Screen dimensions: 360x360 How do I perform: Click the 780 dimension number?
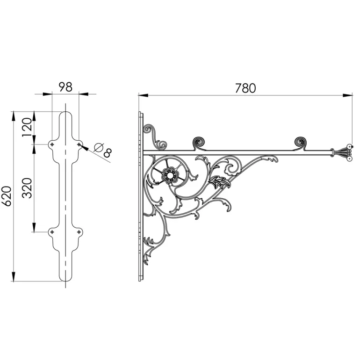[x=245, y=88]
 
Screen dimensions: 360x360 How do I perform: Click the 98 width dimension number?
[x=65, y=87]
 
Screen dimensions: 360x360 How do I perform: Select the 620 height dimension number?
[x=6, y=196]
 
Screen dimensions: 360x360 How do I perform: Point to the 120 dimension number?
[x=27, y=127]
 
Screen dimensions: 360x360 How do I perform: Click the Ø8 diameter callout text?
[x=103, y=150]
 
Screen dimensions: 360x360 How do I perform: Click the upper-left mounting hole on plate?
[x=52, y=144]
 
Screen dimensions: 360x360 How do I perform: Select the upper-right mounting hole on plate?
[x=79, y=144]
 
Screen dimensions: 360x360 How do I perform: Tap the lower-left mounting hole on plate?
[x=52, y=232]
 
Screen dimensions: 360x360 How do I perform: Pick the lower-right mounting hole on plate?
[x=79, y=232]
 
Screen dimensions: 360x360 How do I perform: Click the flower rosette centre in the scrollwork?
[x=170, y=176]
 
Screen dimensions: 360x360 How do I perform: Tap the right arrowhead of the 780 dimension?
[x=347, y=95]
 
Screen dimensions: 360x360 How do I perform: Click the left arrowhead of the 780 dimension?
[x=144, y=95]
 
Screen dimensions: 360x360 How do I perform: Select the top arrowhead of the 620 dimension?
[x=14, y=116]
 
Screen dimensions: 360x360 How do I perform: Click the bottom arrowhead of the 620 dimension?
[x=14, y=276]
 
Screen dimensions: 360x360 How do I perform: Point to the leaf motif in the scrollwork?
[x=219, y=182]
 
